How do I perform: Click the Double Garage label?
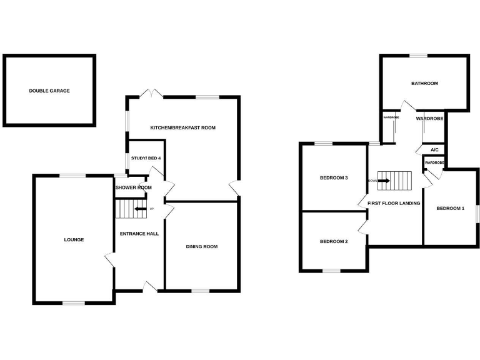point(49,91)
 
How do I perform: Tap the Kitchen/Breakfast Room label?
point(182,127)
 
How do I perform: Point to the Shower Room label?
point(133,187)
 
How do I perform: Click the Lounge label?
point(74,239)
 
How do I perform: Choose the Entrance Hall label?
point(139,234)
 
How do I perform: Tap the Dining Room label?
point(202,246)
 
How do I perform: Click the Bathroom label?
point(424,83)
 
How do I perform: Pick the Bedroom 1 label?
point(450,208)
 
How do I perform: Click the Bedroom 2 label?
point(334,241)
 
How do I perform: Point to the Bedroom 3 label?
point(334,177)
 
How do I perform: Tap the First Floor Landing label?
point(394,203)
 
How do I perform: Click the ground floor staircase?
point(130,209)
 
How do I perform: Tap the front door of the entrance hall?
point(151,287)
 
